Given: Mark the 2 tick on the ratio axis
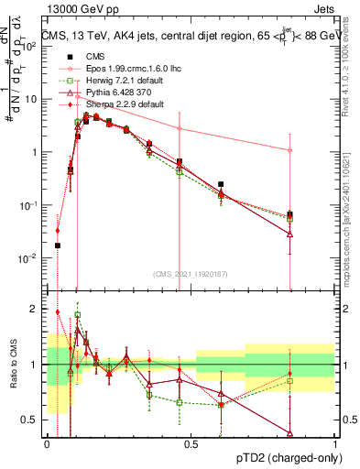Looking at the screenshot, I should click(35, 309).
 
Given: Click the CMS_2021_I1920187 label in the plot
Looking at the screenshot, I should click(191, 273).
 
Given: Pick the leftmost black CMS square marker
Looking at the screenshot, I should click(58, 245).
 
